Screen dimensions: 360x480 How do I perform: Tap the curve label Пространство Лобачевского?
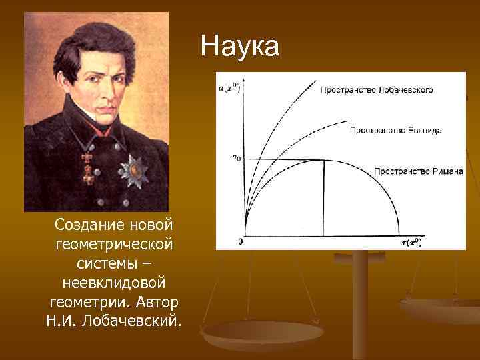click(x=377, y=89)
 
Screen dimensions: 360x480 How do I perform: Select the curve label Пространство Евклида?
click(x=395, y=130)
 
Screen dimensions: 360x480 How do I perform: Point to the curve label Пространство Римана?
click(x=418, y=171)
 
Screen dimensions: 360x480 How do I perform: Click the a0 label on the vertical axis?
click(x=236, y=158)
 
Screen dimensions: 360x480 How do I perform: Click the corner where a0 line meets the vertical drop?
click(x=324, y=160)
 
